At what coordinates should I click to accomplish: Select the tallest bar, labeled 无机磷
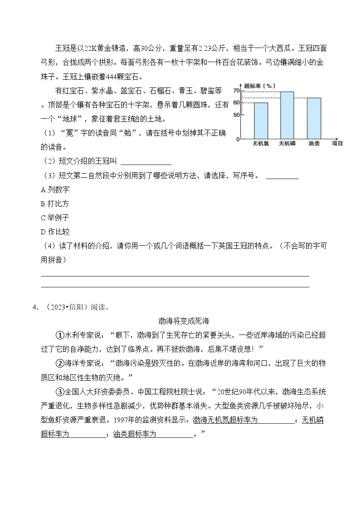pos(287,115)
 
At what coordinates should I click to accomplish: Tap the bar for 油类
pos(314,118)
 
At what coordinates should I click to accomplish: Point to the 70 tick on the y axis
pos(236,92)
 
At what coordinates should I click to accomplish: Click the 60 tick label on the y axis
pos(236,102)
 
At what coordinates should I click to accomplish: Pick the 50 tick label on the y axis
pos(236,115)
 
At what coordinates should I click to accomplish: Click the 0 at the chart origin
pos(238,139)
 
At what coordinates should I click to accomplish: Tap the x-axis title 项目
pos(337,143)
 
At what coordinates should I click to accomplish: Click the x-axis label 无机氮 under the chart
pos(261,143)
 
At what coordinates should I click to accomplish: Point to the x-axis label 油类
pos(314,143)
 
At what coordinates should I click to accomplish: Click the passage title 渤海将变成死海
pos(184,321)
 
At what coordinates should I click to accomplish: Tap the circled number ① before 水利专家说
pos(59,335)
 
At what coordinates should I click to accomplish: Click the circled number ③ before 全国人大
pos(59,391)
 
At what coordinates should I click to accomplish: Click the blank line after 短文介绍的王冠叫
pos(146,162)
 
